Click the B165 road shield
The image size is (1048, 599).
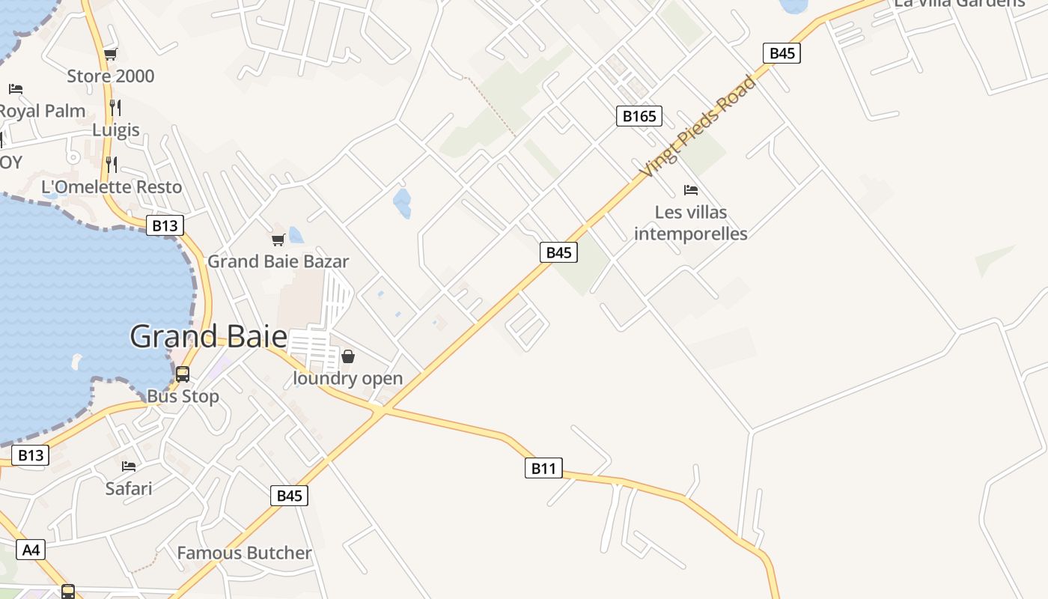pos(639,116)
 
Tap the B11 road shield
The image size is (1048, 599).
pos(543,469)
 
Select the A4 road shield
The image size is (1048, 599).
pos(30,550)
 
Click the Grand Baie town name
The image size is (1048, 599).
pos(208,336)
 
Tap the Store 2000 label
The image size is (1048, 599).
pos(111,76)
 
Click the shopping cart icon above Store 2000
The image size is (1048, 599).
pos(111,54)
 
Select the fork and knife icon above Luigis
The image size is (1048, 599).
pos(115,108)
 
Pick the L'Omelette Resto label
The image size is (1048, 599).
pos(112,186)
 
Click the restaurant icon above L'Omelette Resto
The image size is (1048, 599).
pos(112,165)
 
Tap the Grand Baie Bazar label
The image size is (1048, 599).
pos(278,261)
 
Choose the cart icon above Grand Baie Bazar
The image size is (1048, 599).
pos(278,240)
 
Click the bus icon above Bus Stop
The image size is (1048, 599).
pos(183,374)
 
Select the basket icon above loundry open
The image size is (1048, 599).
pos(348,356)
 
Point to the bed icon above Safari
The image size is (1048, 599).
pos(129,466)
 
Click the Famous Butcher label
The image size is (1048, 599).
pos(244,553)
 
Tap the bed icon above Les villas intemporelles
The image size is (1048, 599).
pos(691,190)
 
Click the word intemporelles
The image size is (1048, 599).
pos(691,234)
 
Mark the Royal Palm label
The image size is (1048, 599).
pos(42,111)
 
